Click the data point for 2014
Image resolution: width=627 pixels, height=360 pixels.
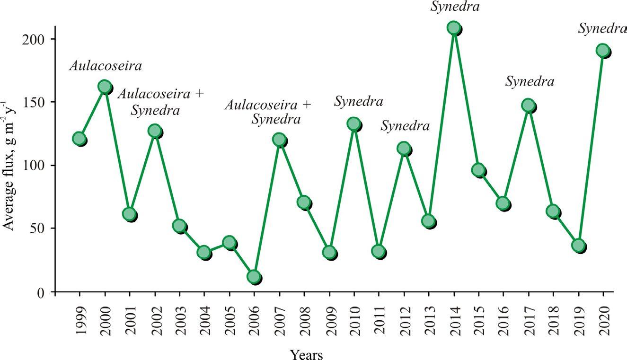click(x=453, y=28)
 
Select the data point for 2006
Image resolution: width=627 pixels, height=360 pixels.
click(x=254, y=277)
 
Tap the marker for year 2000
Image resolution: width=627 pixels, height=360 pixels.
click(x=105, y=86)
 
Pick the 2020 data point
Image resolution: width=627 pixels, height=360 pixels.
click(x=602, y=50)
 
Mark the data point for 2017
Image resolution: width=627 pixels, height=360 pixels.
click(x=528, y=105)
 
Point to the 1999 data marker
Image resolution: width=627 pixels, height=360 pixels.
click(x=79, y=139)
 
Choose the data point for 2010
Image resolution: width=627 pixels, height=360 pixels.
click(x=354, y=124)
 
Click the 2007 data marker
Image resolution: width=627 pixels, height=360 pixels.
click(x=279, y=140)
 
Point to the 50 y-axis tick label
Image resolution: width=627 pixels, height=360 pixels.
click(x=38, y=228)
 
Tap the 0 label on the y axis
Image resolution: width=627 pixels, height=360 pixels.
click(x=42, y=292)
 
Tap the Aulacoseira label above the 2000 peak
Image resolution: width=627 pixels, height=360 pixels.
click(x=106, y=66)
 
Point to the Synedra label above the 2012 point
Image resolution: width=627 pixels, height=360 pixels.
click(x=406, y=126)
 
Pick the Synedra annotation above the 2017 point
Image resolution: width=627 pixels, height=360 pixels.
click(x=530, y=82)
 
